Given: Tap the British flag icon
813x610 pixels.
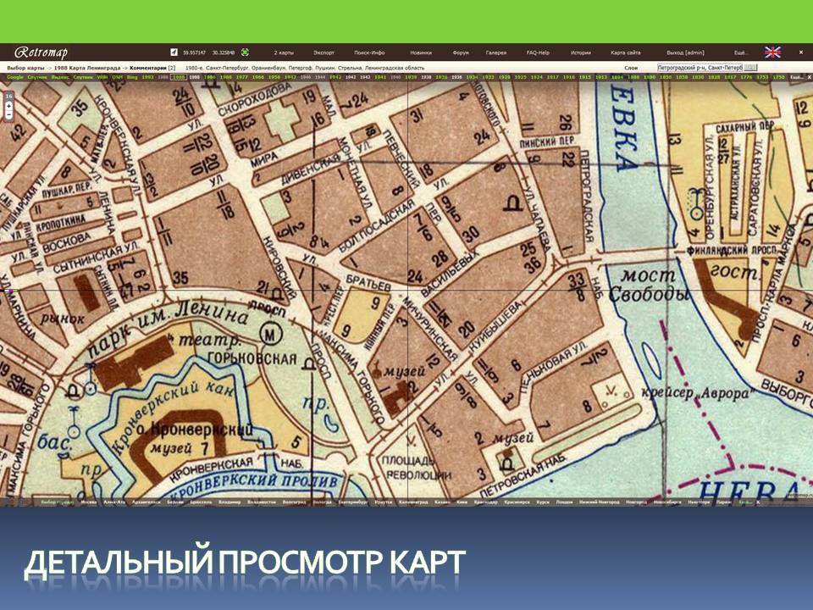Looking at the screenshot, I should (x=773, y=52).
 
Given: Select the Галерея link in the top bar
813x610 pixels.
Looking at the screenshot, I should (x=495, y=53).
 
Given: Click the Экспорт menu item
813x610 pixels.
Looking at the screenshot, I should (x=324, y=53).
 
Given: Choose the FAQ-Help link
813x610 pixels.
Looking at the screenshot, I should (x=538, y=53).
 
